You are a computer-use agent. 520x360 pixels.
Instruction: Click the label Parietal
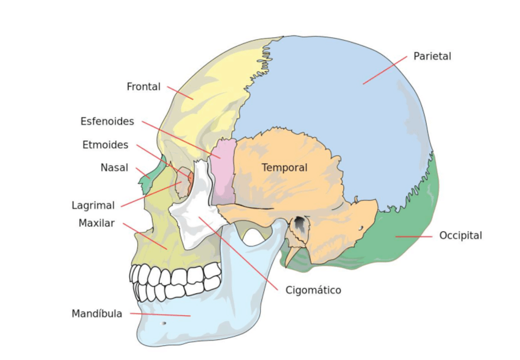pyautogui.click(x=432, y=56)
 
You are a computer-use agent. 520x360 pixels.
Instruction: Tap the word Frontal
pyautogui.click(x=143, y=87)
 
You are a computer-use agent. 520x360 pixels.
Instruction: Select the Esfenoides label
pyautogui.click(x=107, y=121)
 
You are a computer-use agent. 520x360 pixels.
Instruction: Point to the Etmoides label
pyautogui.click(x=105, y=145)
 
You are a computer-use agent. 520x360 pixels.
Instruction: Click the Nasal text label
pyautogui.click(x=115, y=167)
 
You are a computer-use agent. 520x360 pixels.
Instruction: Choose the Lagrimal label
pyautogui.click(x=93, y=205)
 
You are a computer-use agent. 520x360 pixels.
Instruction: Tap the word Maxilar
pyautogui.click(x=96, y=223)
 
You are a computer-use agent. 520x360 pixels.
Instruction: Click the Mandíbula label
pyautogui.click(x=97, y=314)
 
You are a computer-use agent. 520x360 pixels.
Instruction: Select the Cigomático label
pyautogui.click(x=313, y=290)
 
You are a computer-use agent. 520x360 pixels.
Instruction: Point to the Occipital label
pyautogui.click(x=461, y=236)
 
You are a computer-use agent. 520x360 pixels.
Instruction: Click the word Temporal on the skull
pyautogui.click(x=285, y=167)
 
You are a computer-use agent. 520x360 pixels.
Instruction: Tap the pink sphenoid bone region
pyautogui.click(x=223, y=172)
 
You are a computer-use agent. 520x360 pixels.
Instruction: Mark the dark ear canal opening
pyautogui.click(x=300, y=225)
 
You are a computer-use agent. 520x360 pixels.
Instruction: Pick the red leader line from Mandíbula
pyautogui.click(x=159, y=315)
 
